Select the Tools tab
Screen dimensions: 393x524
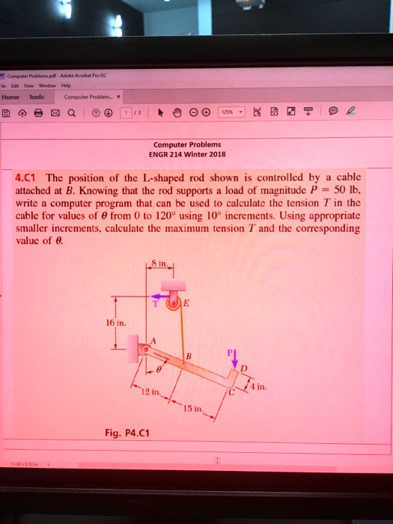point(36,96)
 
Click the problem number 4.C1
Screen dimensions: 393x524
point(28,179)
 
